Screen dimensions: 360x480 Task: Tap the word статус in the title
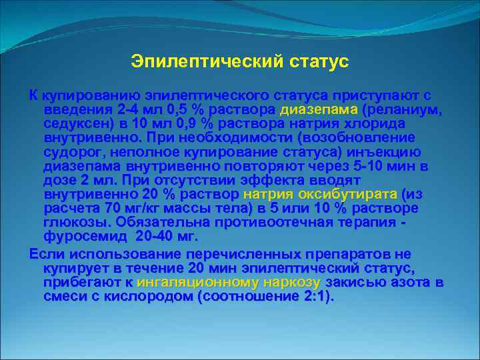click(319, 62)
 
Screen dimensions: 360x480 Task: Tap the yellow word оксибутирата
click(354, 194)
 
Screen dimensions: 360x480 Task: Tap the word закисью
click(356, 283)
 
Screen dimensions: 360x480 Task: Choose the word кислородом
click(146, 297)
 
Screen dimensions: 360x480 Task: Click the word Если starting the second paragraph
click(45, 255)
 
